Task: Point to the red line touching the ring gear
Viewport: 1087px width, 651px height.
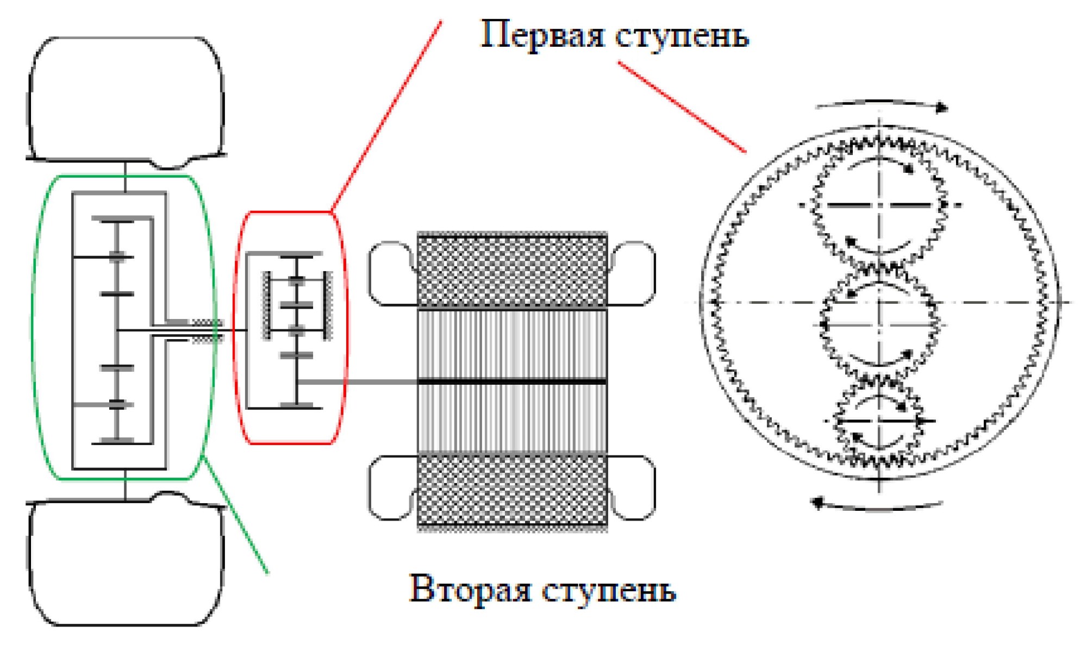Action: coord(682,107)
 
